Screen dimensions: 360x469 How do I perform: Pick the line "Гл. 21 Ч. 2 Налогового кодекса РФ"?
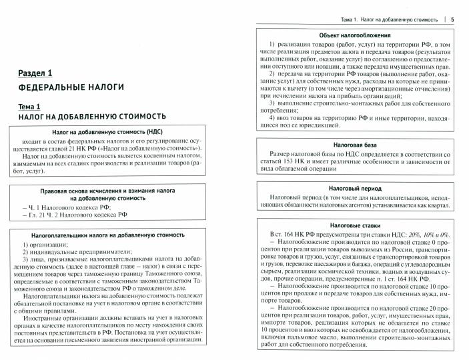pyautogui.click(x=73, y=215)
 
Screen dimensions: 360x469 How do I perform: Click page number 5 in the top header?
pyautogui.click(x=453, y=19)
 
